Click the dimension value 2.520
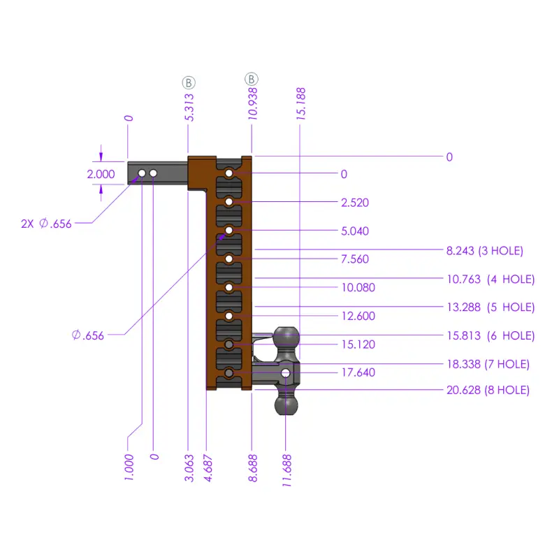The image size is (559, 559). point(355,203)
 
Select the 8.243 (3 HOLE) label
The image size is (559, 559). point(485,251)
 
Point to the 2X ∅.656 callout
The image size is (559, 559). point(46,224)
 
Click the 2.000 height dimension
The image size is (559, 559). point(101,174)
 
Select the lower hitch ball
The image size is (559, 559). point(286,404)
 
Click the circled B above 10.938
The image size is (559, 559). point(252,79)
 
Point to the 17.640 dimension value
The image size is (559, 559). point(358,372)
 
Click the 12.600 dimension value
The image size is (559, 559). point(358,316)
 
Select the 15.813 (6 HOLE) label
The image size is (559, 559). point(491,336)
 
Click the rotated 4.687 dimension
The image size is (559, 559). point(208,466)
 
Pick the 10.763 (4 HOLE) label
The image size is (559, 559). point(491,279)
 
